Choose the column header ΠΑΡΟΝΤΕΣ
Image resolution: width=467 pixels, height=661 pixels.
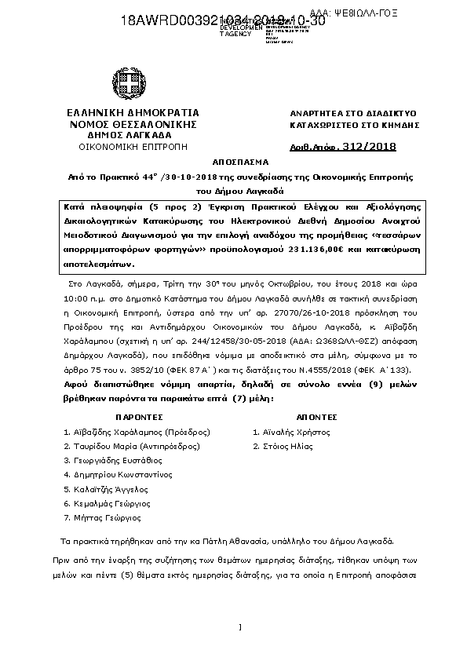[139, 418]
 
